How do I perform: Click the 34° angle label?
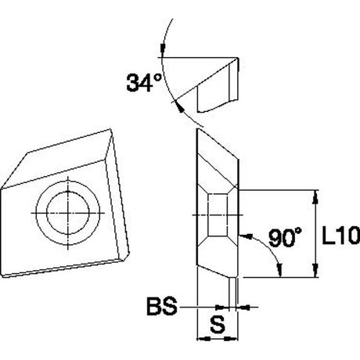tap(144, 82)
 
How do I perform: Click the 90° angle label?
tap(285, 237)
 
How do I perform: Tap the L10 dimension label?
tap(341, 236)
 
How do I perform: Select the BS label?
tap(162, 306)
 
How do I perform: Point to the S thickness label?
tap(218, 324)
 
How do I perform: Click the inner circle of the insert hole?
tap(68, 213)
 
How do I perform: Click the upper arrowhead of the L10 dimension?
tap(315, 196)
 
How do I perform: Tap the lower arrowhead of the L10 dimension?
tap(315, 271)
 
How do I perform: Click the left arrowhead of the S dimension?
tap(203, 339)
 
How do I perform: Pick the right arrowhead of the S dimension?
tap(231, 339)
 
